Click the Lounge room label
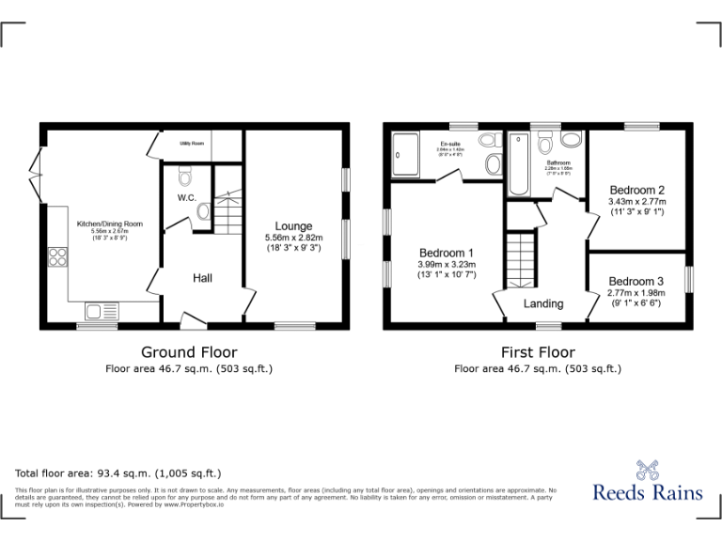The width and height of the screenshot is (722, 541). tap(293, 225)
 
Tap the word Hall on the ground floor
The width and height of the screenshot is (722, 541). tap(203, 278)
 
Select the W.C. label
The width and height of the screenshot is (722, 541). tap(186, 198)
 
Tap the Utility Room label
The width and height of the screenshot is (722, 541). tap(192, 144)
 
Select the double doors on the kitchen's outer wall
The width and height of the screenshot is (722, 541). tap(36, 166)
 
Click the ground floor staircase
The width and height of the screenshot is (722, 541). tap(226, 211)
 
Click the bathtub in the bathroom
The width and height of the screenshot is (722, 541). tap(518, 165)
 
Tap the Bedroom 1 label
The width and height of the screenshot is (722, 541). tap(446, 253)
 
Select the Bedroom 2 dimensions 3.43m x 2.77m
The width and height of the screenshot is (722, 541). tap(636, 201)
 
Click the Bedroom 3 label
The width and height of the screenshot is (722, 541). tap(636, 281)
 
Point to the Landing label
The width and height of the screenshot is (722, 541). tap(543, 303)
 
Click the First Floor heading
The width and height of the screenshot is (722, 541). tap(538, 352)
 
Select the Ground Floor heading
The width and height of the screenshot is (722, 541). tap(189, 352)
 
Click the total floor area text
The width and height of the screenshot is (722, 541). tap(118, 473)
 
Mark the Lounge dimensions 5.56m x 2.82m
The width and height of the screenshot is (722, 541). tap(293, 239)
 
